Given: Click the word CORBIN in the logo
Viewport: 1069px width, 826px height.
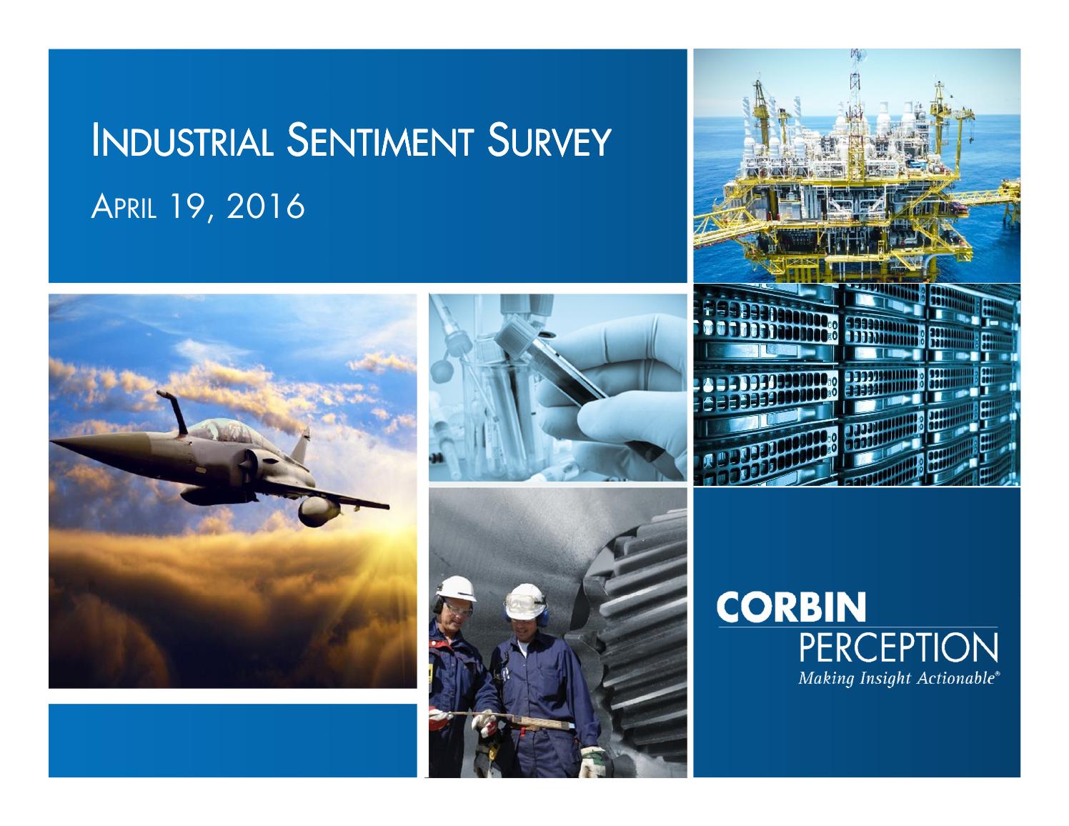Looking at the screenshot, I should click(x=792, y=607).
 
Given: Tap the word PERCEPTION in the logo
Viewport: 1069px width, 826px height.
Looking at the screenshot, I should click(x=898, y=649).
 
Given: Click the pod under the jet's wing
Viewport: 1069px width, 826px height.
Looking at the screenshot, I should click(x=317, y=511).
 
